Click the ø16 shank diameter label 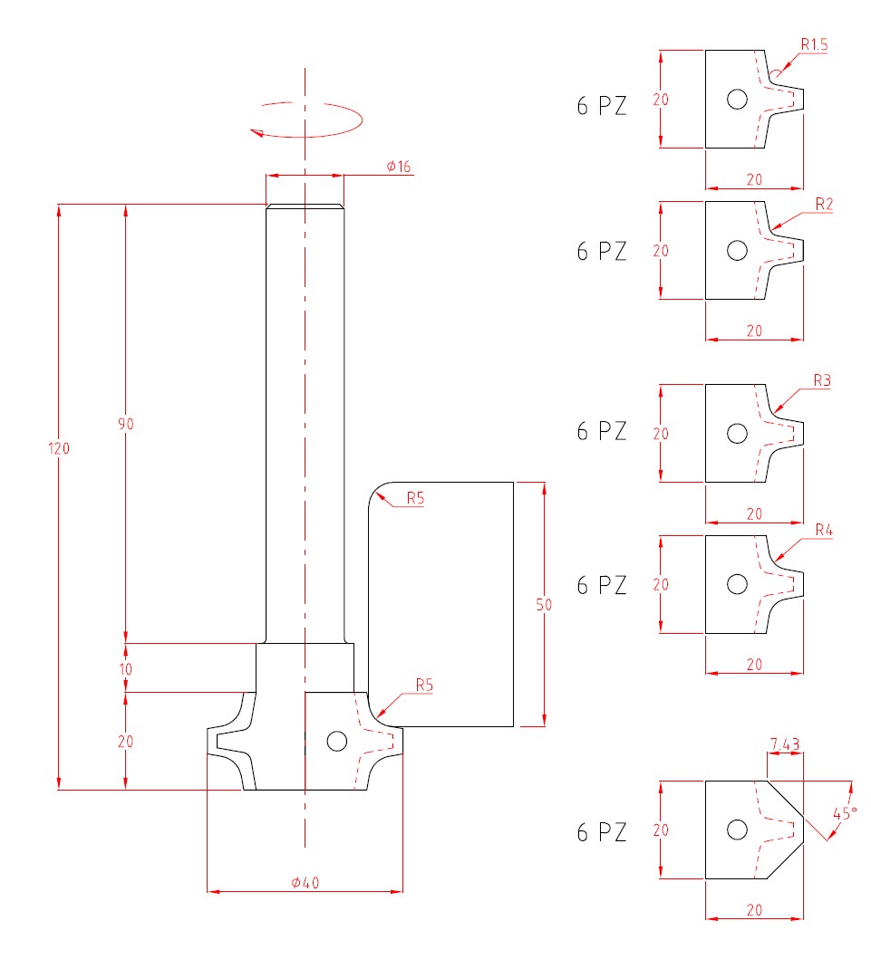point(398,167)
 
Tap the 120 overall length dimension point(60,447)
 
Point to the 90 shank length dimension point(125,423)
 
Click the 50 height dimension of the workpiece point(544,605)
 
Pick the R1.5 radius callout point(813,43)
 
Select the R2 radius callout point(823,205)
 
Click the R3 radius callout point(822,380)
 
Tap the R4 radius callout point(823,529)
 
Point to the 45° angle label point(844,812)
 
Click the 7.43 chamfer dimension point(784,744)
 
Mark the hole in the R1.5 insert point(737,99)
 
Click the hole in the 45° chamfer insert point(737,830)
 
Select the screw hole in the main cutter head point(336,741)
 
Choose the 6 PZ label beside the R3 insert point(602,431)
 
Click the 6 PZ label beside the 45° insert point(602,832)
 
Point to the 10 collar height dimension point(125,669)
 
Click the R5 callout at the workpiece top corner point(415,497)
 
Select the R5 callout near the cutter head point(424,686)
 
